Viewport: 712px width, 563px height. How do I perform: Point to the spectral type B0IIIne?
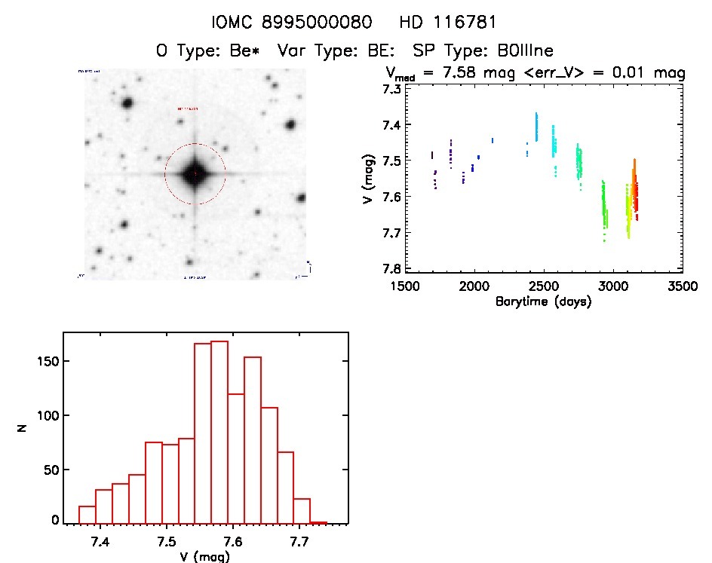pos(520,51)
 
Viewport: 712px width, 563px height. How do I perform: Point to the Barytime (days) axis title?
pos(543,301)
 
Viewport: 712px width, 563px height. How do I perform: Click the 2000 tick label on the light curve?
pos(474,286)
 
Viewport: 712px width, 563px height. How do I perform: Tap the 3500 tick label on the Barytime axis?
pos(683,286)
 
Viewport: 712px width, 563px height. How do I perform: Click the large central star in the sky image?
pos(195,173)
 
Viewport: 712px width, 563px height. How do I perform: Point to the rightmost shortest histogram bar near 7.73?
pos(318,522)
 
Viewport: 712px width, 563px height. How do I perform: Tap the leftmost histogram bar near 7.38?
pos(87,514)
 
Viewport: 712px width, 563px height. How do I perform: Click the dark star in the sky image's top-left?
pos(126,103)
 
